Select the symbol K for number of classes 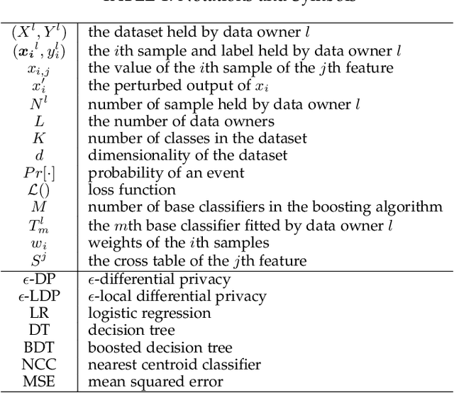(x=39, y=139)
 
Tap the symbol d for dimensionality (x=39, y=156)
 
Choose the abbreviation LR (x=39, y=313)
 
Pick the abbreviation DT (x=39, y=331)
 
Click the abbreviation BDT (x=39, y=348)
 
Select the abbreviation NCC (x=39, y=365)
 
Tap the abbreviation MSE (x=39, y=382)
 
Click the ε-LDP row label (x=39, y=296)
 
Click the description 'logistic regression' (x=149, y=313)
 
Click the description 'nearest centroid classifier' (x=174, y=365)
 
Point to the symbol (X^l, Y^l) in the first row (x=39, y=33)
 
